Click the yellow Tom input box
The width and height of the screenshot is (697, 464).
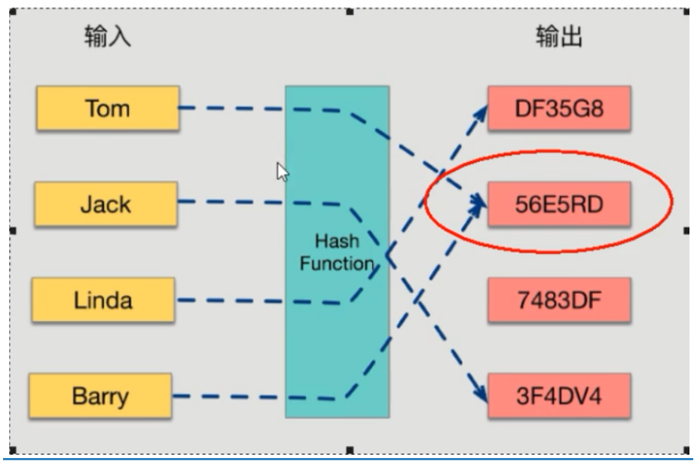tap(108, 108)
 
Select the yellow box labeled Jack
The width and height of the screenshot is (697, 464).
tap(105, 204)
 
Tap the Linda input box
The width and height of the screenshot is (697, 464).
tap(102, 300)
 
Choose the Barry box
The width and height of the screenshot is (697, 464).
tap(100, 395)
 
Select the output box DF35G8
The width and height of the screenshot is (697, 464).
tap(558, 108)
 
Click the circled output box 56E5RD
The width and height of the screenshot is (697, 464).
tap(558, 204)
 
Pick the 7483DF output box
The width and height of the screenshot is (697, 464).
tap(558, 300)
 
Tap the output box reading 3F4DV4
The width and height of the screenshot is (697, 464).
tap(558, 395)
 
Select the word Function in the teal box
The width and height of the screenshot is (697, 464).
tap(336, 264)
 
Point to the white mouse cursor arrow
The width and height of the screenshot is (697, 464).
tap(283, 172)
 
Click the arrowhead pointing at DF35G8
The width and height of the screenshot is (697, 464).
tap(480, 111)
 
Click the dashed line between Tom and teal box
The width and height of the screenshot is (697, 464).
tap(231, 108)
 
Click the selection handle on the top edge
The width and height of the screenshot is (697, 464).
tap(350, 11)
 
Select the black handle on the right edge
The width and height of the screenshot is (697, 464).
tap(686, 230)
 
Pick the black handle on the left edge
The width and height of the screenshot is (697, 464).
tap(11, 230)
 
